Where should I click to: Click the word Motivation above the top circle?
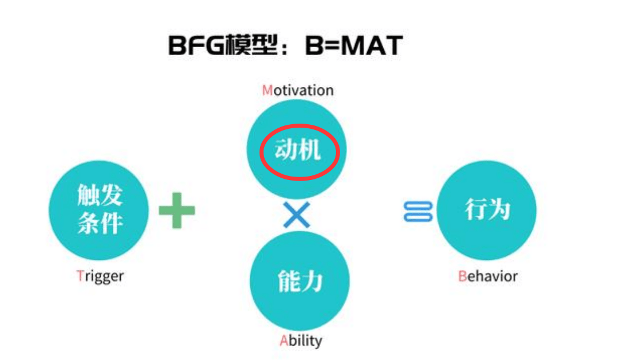click(x=298, y=91)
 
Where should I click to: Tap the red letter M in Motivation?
click(x=267, y=91)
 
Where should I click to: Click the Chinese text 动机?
click(x=298, y=151)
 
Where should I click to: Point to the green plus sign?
click(x=177, y=210)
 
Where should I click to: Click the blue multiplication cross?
click(x=297, y=215)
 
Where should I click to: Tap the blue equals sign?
click(x=418, y=211)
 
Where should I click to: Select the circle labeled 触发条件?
click(x=98, y=210)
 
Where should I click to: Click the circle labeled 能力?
click(x=299, y=281)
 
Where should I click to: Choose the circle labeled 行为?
click(x=487, y=210)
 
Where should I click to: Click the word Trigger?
click(x=100, y=276)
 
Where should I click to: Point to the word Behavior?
click(x=488, y=276)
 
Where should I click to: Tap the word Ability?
click(x=300, y=341)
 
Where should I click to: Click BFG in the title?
click(x=196, y=45)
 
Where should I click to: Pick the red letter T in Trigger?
click(x=80, y=276)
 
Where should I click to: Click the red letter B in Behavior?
click(x=463, y=276)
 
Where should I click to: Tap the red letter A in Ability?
click(x=284, y=340)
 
